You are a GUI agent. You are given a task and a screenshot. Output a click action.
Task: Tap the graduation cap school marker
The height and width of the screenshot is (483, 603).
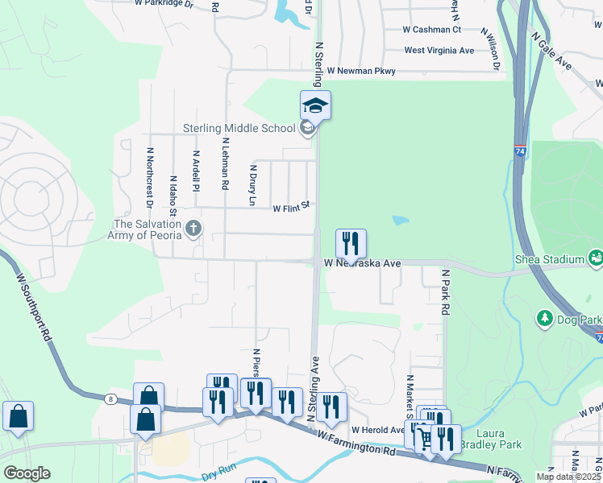click(x=315, y=105)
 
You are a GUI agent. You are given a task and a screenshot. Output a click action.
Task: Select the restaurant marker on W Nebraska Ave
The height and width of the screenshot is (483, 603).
click(x=351, y=242)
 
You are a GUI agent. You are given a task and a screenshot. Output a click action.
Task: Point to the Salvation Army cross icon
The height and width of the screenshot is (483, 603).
click(x=193, y=229)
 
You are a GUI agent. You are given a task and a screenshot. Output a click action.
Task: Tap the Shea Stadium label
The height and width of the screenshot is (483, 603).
click(x=549, y=259)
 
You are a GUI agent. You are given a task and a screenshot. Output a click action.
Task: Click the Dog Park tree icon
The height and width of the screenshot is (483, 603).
click(x=544, y=319)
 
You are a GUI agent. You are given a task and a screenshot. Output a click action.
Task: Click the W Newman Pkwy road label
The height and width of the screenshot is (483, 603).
click(x=361, y=71)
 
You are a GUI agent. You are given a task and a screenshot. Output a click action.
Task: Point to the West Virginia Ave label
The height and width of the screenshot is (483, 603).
click(x=439, y=50)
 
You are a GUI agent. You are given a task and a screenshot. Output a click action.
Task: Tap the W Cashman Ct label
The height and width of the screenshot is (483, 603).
click(x=431, y=30)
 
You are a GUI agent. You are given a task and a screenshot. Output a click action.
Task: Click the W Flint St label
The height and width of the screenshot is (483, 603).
click(x=291, y=208)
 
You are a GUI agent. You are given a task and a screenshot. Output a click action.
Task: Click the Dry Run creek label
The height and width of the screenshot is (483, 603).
click(x=218, y=475)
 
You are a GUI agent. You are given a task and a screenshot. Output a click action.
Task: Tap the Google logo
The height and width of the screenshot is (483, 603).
click(x=27, y=473)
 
